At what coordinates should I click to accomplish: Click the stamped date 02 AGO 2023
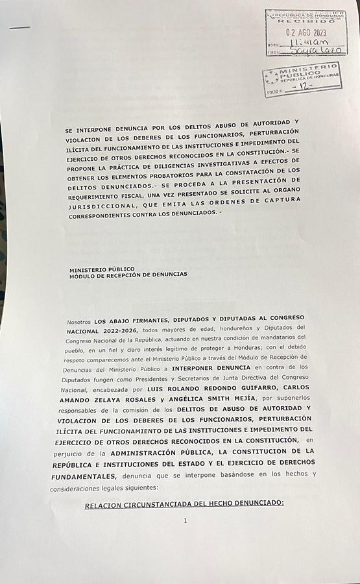tap(306, 32)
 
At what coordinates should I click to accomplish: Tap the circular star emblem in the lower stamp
tap(272, 78)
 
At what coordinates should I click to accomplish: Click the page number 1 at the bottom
tap(185, 520)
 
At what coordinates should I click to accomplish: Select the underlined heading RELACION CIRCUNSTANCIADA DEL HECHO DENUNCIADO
tap(184, 503)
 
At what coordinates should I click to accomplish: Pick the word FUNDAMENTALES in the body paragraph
tap(86, 476)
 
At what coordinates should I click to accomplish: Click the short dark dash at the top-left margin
tap(20, 27)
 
